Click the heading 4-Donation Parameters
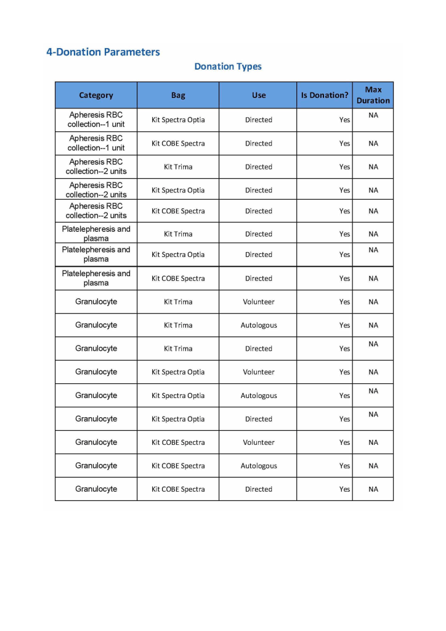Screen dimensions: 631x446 103,52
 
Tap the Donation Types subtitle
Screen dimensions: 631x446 228,67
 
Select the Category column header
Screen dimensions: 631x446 96,96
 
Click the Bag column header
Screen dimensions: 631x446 178,96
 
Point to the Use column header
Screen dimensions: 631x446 259,96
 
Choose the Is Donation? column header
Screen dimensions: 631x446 325,96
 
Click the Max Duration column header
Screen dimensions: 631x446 373,95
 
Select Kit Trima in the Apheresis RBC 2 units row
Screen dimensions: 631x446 178,167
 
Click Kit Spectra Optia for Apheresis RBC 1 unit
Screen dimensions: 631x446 178,120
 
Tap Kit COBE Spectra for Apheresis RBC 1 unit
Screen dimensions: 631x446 178,144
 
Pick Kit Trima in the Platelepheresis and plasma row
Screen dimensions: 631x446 178,234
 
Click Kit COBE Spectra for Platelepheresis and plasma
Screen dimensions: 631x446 178,279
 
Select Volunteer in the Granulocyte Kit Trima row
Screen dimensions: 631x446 259,302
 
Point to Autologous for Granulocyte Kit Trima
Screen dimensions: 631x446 259,325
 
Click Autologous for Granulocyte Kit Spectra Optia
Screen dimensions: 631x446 259,396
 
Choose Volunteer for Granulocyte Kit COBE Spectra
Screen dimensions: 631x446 259,442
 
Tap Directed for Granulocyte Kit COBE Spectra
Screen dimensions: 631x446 259,489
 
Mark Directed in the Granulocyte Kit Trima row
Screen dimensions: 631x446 259,349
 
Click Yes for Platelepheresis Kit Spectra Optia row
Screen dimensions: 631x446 344,254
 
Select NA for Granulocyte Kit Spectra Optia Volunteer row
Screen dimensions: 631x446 373,372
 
